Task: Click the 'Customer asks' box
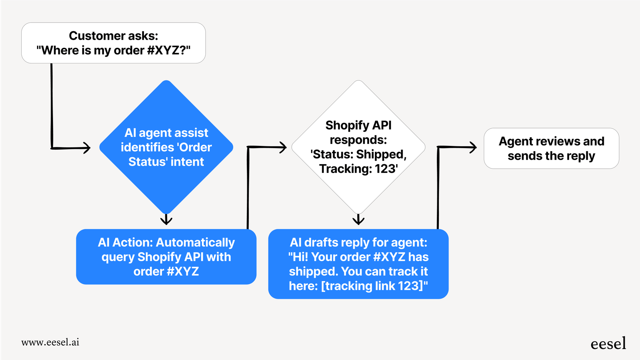(x=113, y=43)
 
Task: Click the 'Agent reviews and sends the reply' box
(x=551, y=148)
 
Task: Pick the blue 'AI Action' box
(x=166, y=257)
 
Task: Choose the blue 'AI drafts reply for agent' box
(x=358, y=264)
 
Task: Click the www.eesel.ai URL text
(x=50, y=342)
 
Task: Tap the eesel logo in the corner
(x=608, y=344)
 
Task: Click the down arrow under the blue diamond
(x=166, y=220)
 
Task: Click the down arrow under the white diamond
(x=358, y=220)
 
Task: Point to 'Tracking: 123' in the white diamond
(x=358, y=168)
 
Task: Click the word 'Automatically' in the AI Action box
(x=195, y=242)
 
